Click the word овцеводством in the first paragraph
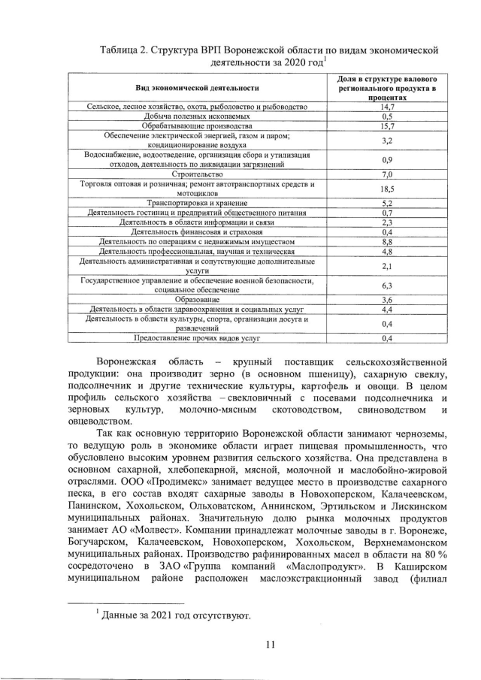(x=101, y=422)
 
